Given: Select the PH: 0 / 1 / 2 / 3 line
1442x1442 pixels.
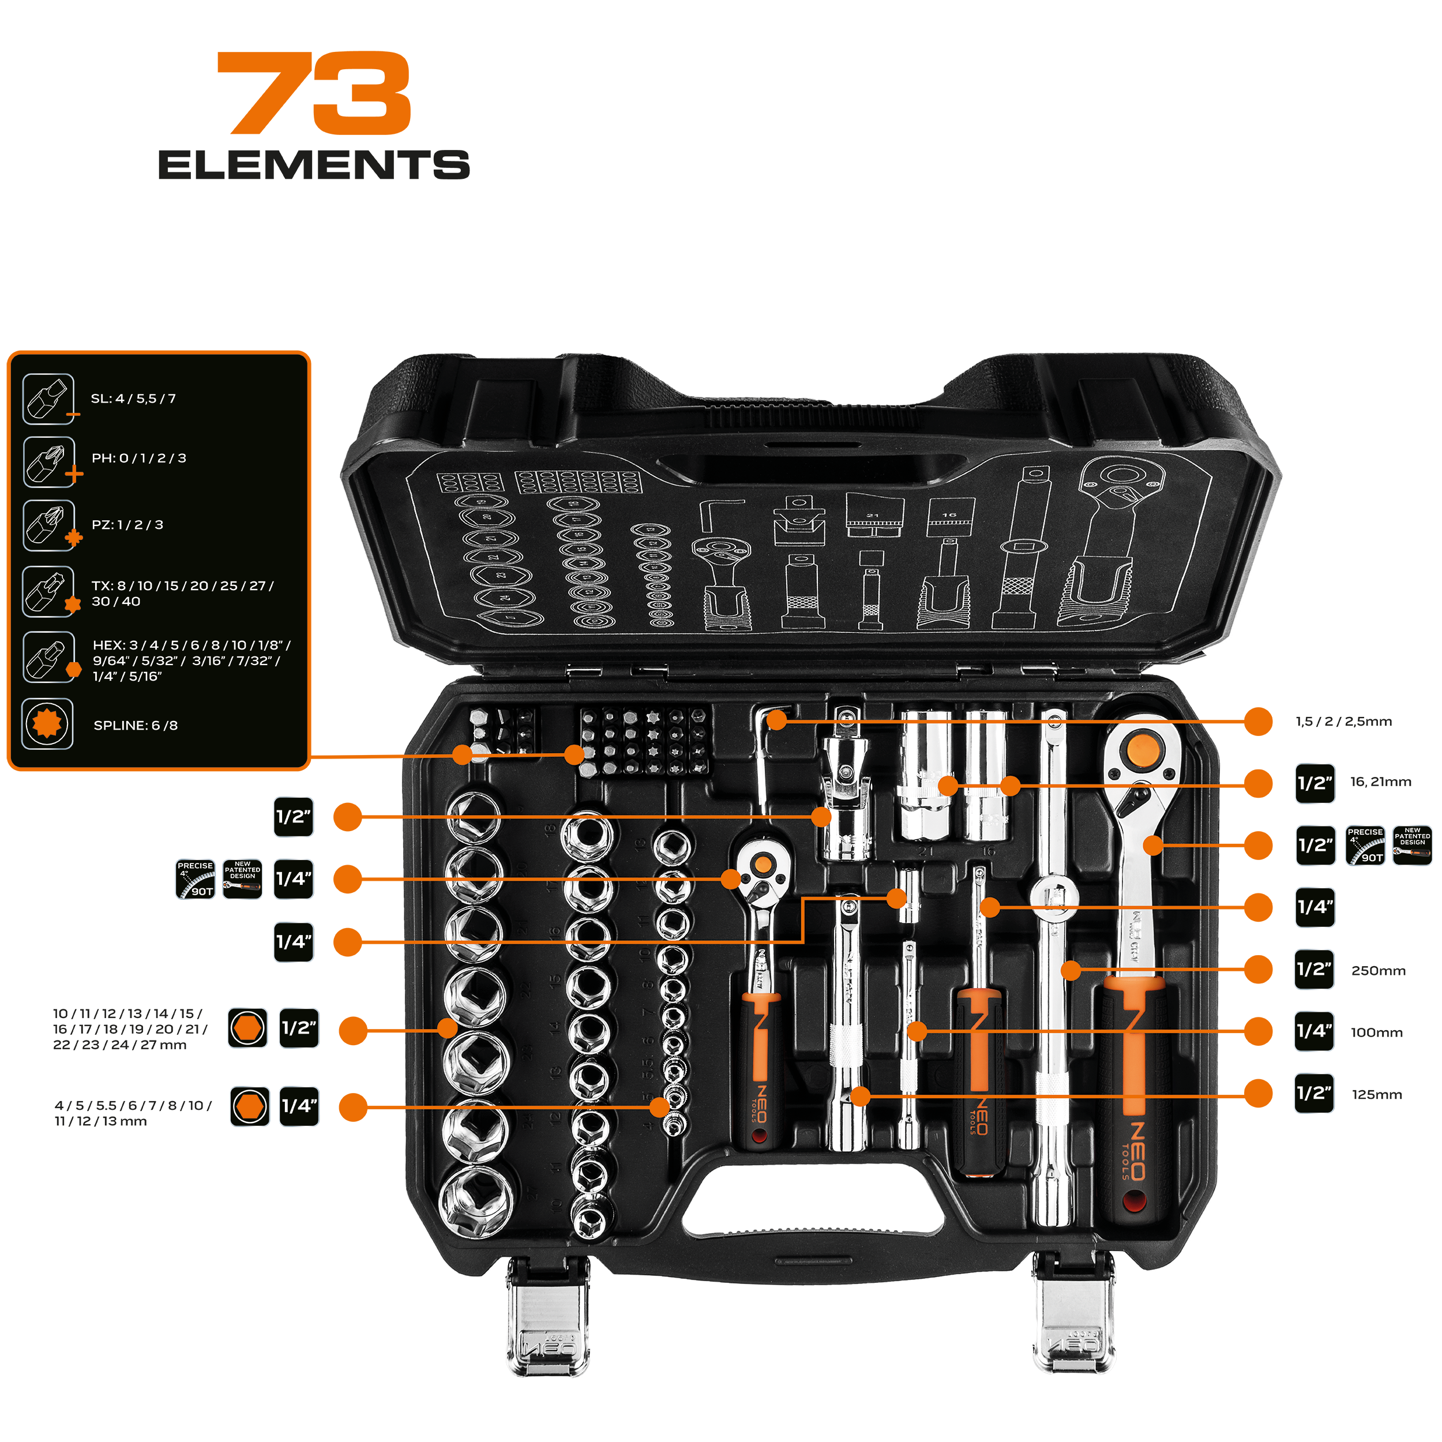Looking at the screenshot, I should (139, 459).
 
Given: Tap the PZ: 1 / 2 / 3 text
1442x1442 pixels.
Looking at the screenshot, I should (127, 525).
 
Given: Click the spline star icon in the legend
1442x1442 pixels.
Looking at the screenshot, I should (48, 724).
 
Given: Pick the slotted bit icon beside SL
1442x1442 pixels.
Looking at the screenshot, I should (48, 399).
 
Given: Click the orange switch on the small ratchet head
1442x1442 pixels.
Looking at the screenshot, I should (762, 864).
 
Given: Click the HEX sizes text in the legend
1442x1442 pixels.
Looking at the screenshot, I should (191, 660).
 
